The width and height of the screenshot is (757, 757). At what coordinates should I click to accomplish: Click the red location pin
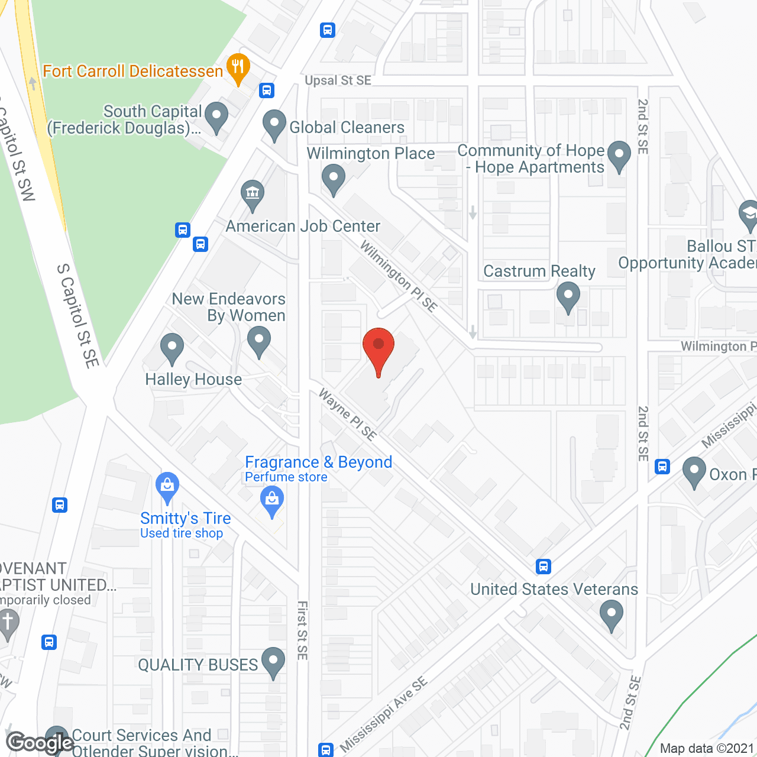[378, 350]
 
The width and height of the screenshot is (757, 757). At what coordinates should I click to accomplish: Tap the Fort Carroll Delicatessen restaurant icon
[238, 68]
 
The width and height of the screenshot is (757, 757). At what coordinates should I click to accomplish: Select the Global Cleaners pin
[274, 125]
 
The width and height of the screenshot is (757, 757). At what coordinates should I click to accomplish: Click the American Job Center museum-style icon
[253, 195]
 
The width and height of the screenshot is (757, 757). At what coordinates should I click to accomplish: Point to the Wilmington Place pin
[334, 179]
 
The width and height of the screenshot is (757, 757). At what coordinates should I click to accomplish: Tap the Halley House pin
[172, 348]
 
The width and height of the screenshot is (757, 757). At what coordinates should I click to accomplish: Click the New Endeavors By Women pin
[258, 342]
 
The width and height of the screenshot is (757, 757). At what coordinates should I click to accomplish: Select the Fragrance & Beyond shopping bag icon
[272, 500]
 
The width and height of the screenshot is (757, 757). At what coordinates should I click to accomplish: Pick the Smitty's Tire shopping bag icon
[167, 486]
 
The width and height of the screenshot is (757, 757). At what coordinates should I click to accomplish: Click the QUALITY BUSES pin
[273, 662]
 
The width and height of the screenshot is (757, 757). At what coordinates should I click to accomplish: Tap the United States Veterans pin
[611, 615]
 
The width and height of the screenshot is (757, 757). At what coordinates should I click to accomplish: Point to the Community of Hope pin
[619, 156]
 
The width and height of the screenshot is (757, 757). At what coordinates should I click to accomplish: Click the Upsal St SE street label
[338, 80]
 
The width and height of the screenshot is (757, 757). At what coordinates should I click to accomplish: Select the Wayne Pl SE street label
[348, 415]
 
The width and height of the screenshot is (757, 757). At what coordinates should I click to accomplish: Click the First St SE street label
[302, 630]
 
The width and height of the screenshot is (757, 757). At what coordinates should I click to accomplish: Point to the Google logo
[39, 742]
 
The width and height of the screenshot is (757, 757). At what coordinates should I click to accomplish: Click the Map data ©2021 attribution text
[707, 748]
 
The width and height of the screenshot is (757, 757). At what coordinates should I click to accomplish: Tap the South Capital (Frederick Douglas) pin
[216, 117]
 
